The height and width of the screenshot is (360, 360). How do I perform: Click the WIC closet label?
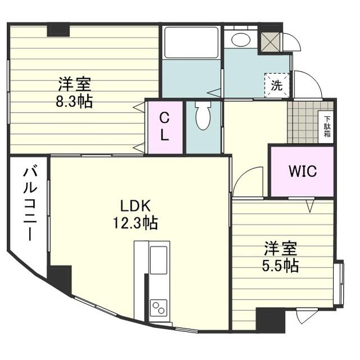(x=303, y=170)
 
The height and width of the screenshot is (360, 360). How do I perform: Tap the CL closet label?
(x=164, y=127)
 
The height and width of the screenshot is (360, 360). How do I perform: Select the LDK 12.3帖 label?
(x=135, y=214)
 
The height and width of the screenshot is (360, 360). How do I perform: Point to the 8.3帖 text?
(x=74, y=102)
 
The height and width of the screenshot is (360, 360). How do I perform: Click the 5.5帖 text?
(x=280, y=266)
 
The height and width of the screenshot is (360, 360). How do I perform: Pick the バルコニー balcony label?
(x=30, y=204)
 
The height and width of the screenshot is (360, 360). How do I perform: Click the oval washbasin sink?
(x=241, y=40)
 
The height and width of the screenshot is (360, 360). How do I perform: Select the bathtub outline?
(x=191, y=43)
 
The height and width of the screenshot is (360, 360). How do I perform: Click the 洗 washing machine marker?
(x=277, y=85)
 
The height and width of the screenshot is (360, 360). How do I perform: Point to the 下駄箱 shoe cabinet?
(x=327, y=127)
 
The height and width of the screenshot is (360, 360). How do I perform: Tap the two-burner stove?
(x=159, y=308)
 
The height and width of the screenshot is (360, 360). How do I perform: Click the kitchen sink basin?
(x=159, y=260)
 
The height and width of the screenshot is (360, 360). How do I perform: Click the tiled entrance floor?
(x=303, y=123)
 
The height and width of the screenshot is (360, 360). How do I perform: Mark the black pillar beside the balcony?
(x=59, y=278)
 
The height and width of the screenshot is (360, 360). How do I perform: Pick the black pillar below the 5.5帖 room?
(x=271, y=320)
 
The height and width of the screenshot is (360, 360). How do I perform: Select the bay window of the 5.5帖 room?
(x=339, y=283)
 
